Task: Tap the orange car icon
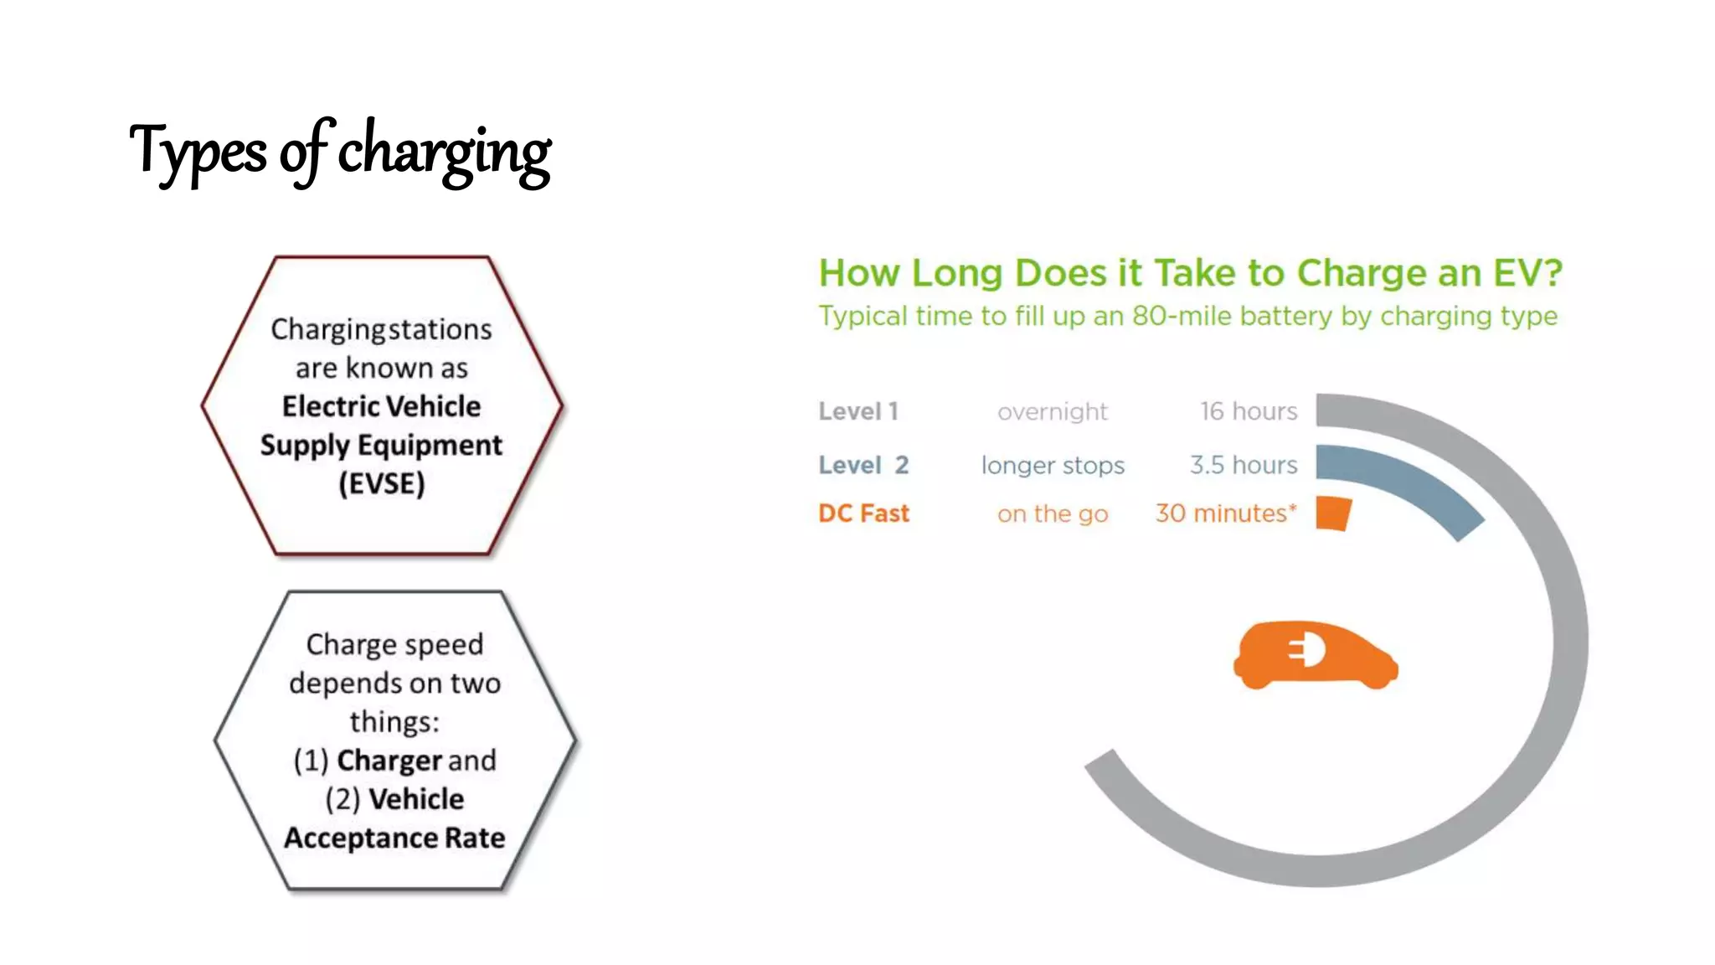pyautogui.click(x=1315, y=656)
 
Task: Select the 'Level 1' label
pyautogui.click(x=858, y=411)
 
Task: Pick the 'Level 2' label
pyautogui.click(x=863, y=465)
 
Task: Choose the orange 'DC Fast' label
pyautogui.click(x=863, y=513)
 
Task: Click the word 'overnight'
pyautogui.click(x=1052, y=411)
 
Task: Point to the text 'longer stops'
pyautogui.click(x=1053, y=465)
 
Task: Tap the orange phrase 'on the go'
pyautogui.click(x=1053, y=513)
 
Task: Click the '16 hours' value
pyautogui.click(x=1248, y=411)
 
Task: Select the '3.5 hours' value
pyautogui.click(x=1244, y=465)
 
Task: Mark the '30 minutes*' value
pyautogui.click(x=1226, y=513)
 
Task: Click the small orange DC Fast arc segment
pyautogui.click(x=1333, y=513)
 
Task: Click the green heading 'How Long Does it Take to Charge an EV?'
pyautogui.click(x=1190, y=273)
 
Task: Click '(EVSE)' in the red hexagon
pyautogui.click(x=382, y=483)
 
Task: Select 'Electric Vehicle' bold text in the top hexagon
pyautogui.click(x=382, y=406)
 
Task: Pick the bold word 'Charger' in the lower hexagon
pyautogui.click(x=389, y=761)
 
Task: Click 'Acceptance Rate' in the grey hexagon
pyautogui.click(x=394, y=838)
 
